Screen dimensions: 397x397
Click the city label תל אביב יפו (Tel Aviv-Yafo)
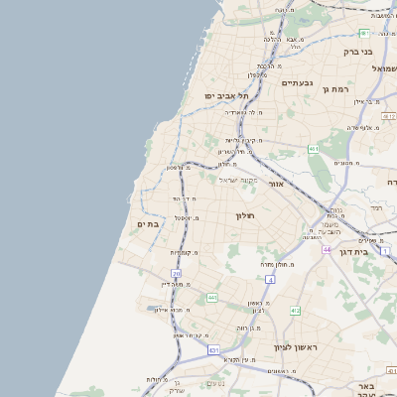[224, 95]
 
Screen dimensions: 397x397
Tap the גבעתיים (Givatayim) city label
[296, 82]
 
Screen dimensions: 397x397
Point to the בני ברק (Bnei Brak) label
[356, 51]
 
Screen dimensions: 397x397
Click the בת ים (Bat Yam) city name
[147, 225]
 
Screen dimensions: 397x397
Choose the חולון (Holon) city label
[244, 216]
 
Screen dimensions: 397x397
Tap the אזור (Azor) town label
[277, 185]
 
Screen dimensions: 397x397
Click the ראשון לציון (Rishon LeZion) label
[295, 347]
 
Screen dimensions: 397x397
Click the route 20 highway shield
[177, 273]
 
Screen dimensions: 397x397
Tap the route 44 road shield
[327, 249]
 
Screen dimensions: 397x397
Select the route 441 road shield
[211, 297]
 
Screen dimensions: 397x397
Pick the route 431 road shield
[213, 349]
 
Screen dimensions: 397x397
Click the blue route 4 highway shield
[269, 281]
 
